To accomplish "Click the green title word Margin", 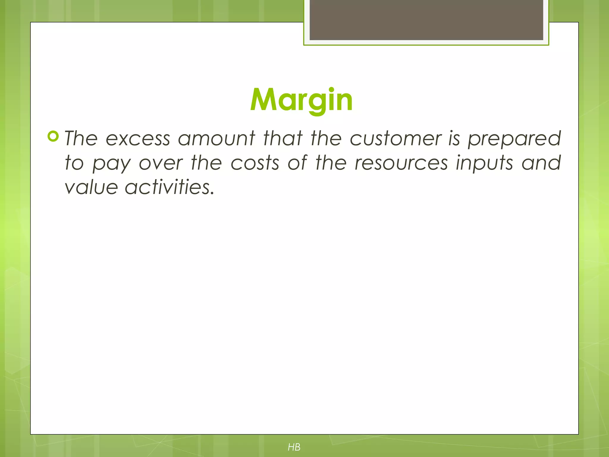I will (301, 100).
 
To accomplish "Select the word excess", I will (138, 139).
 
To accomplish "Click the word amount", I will (216, 139).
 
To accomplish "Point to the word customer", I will (396, 139).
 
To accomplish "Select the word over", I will (161, 164).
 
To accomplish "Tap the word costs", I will (255, 163).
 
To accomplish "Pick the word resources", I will (401, 164).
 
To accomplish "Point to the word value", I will (91, 187).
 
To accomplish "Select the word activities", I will (169, 187).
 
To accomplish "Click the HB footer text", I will (294, 447).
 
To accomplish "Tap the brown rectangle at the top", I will (426, 20).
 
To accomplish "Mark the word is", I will (454, 139).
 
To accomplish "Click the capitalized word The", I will (81, 139).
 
